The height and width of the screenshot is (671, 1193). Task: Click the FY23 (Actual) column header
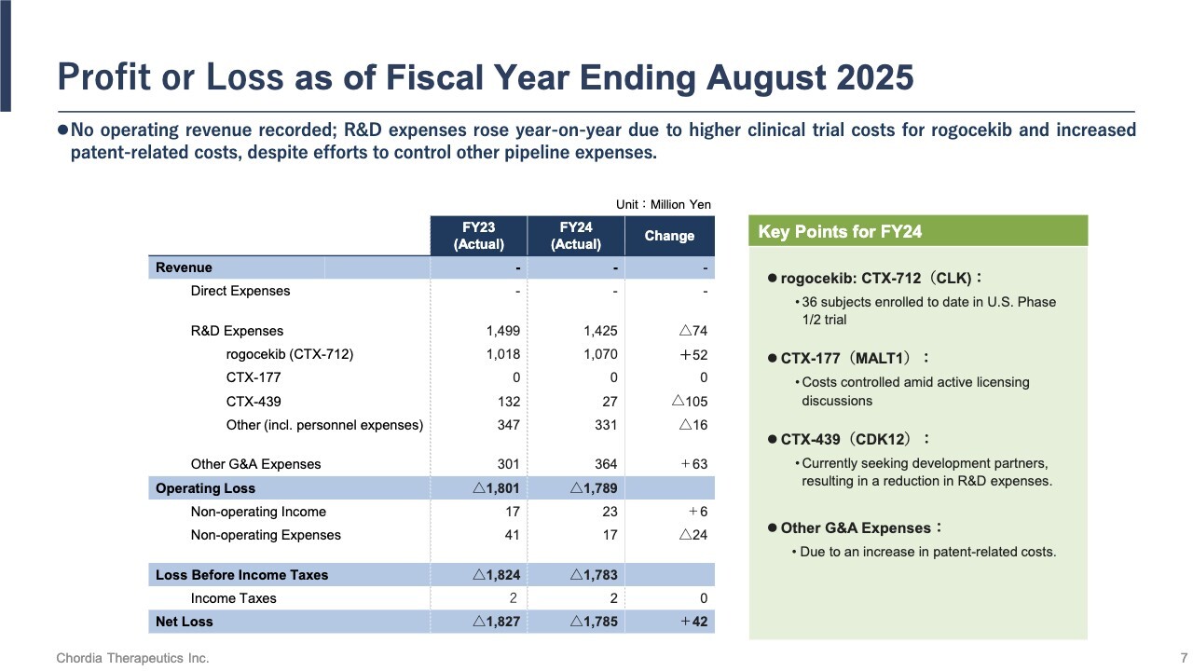478,236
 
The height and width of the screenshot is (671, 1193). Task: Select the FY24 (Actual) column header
575,236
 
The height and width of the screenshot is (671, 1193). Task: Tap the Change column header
669,236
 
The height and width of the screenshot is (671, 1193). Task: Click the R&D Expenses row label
237,331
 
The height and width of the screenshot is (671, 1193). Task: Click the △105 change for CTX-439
690,402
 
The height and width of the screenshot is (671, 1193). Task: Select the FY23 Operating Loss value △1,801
496,488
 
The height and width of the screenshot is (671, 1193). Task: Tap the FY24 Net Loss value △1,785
593,622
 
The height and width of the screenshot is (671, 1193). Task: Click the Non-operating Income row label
258,512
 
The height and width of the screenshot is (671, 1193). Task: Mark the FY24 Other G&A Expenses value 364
605,464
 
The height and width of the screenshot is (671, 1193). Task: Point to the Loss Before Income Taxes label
241,575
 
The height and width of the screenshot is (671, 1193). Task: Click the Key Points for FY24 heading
840,232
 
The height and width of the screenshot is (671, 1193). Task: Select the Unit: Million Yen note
663,205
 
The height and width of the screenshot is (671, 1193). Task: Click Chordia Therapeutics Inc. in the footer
132,658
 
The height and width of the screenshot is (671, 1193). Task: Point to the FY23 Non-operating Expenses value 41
511,535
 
